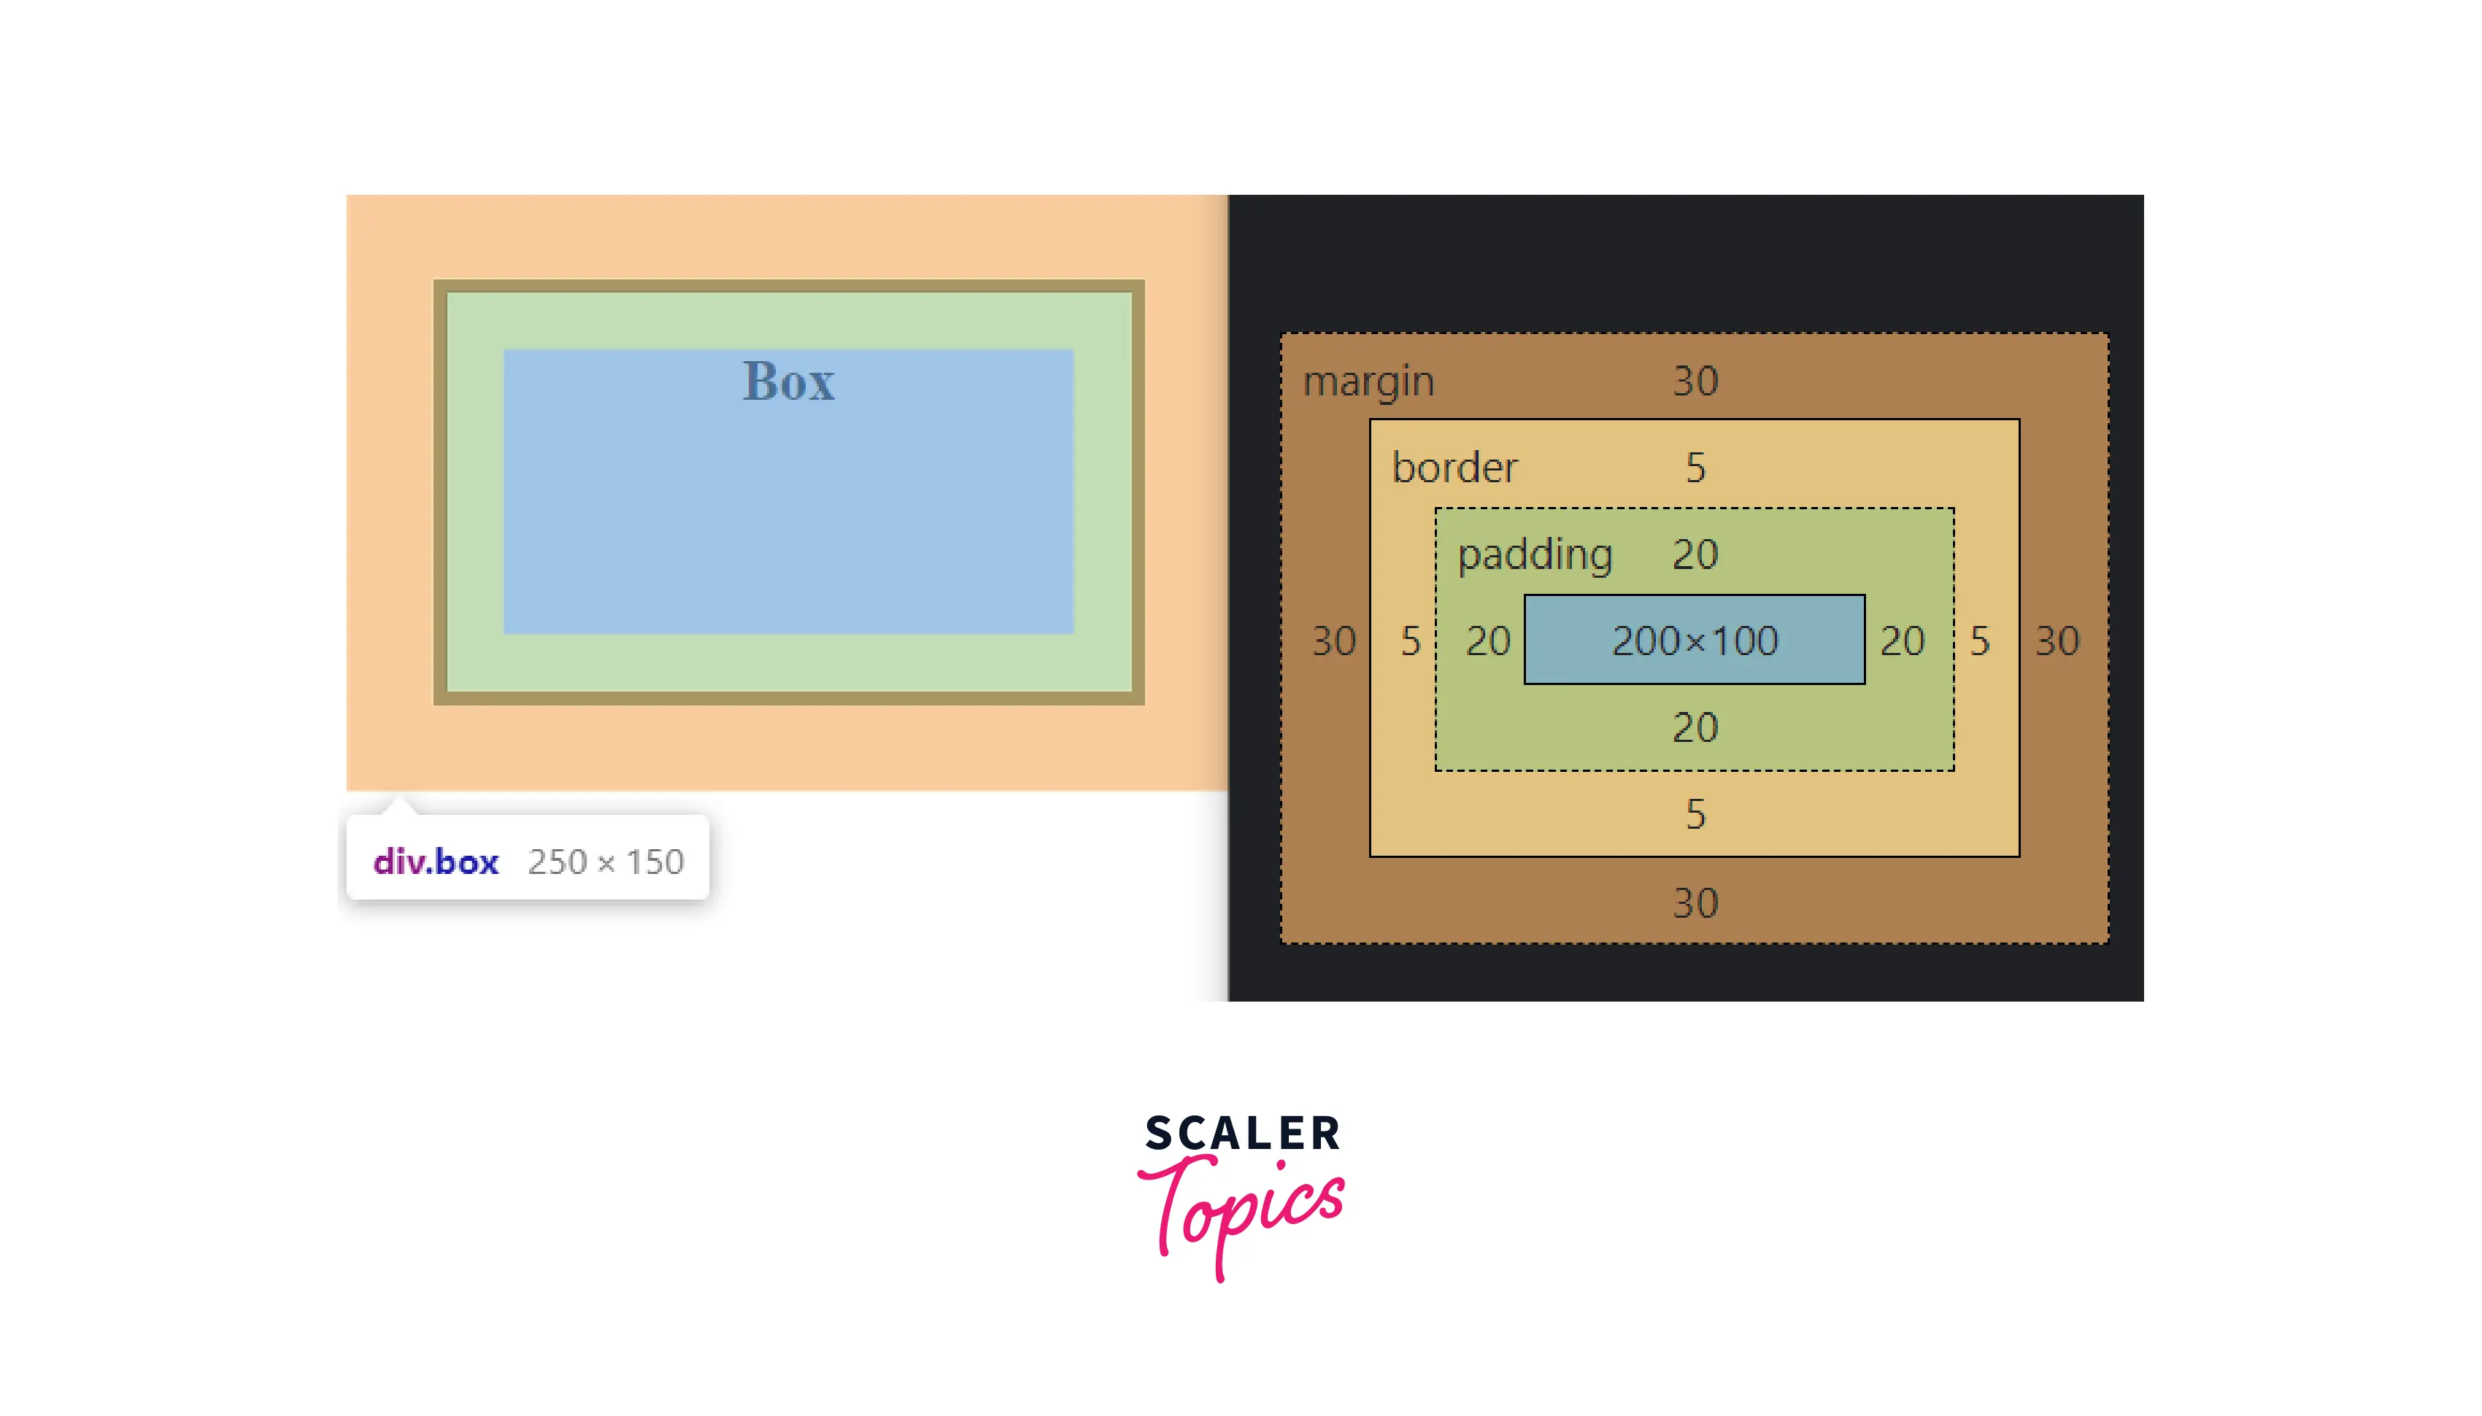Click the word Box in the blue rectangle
click(x=787, y=382)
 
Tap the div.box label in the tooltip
click(x=435, y=862)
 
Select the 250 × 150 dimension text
click(x=605, y=862)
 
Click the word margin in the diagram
click(x=1368, y=382)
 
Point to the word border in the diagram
click(x=1454, y=468)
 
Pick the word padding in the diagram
click(x=1534, y=554)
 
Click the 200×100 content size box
click(x=1695, y=640)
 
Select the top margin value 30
click(x=1695, y=382)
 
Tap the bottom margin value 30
click(x=1695, y=903)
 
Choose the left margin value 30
click(x=1333, y=641)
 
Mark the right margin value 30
click(x=2057, y=641)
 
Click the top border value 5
click(x=1695, y=468)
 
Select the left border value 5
click(x=1410, y=641)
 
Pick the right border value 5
click(x=1979, y=641)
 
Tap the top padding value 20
click(x=1695, y=554)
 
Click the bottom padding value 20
click(x=1695, y=727)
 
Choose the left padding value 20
click(x=1488, y=641)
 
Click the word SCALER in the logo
click(x=1242, y=1134)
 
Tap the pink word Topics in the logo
click(x=1242, y=1211)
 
